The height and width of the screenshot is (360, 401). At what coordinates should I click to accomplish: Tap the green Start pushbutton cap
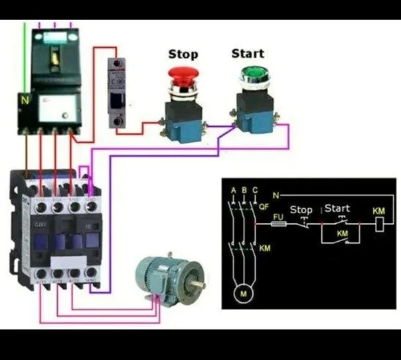[252, 74]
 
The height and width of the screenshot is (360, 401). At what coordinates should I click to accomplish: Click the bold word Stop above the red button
[183, 54]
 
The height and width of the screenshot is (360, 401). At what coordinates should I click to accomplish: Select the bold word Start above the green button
[248, 53]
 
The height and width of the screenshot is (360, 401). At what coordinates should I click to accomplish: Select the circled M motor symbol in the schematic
[243, 292]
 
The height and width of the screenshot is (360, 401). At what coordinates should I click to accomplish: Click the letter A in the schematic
[233, 191]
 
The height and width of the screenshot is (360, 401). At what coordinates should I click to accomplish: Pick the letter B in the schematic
[244, 191]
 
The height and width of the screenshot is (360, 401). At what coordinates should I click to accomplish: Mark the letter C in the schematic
[255, 191]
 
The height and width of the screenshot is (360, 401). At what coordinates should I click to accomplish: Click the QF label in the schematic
[264, 207]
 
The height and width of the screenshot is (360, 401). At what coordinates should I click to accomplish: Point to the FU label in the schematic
[278, 217]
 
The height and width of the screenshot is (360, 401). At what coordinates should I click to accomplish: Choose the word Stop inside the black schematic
[301, 210]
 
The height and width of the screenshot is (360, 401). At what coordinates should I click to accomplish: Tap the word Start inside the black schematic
[337, 209]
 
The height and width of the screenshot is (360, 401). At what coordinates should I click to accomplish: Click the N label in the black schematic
[276, 195]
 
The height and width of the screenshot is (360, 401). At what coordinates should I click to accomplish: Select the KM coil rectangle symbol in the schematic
[379, 225]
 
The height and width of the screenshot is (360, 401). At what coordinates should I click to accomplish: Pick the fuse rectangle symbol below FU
[280, 225]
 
